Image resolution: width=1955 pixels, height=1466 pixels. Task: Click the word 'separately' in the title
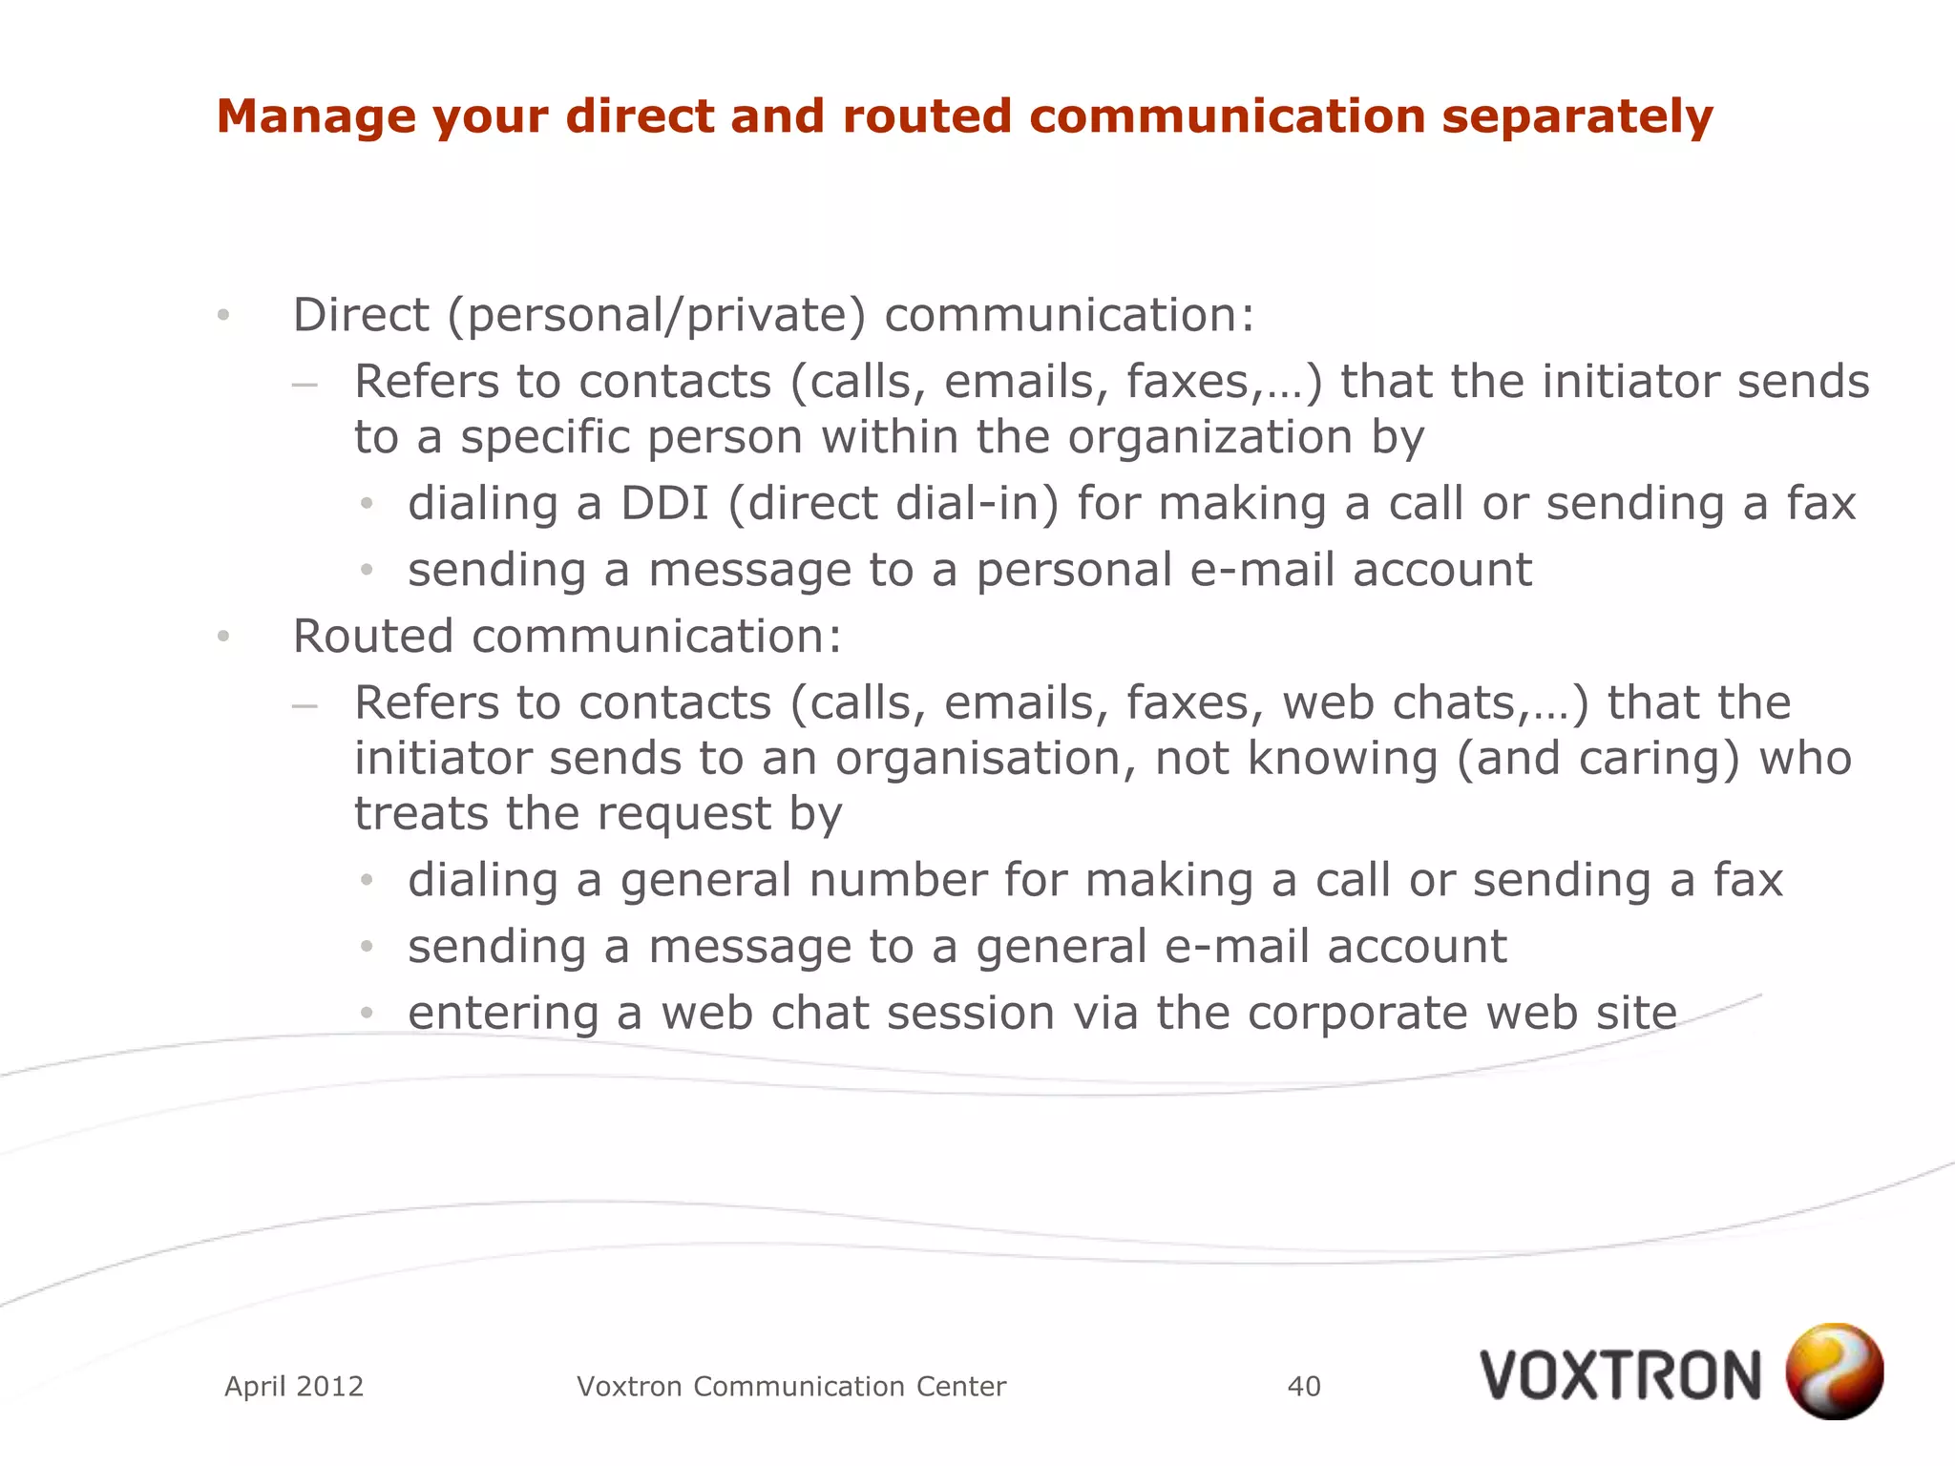pos(1577,116)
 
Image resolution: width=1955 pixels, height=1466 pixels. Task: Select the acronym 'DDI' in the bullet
pos(664,503)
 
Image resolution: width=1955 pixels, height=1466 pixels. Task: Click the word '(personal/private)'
pos(657,315)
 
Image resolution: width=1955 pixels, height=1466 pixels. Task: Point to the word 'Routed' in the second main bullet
pos(372,636)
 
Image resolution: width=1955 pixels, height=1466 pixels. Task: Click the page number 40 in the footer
pos(1304,1386)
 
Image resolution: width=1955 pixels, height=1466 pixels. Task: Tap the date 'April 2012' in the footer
pos(294,1386)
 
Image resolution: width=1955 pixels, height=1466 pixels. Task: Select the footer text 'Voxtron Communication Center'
pos(791,1386)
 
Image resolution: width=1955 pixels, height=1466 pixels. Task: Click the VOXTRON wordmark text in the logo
pos(1620,1375)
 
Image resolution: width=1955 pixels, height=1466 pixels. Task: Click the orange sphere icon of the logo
pos(1834,1371)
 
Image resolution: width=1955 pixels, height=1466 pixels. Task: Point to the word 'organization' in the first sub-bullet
pos(1209,437)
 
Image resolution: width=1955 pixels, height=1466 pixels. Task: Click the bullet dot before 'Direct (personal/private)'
pos(223,315)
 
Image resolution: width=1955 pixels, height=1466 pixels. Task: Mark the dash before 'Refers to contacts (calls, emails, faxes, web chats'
pos(305,706)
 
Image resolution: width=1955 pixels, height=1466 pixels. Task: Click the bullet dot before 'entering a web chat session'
pos(367,1013)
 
